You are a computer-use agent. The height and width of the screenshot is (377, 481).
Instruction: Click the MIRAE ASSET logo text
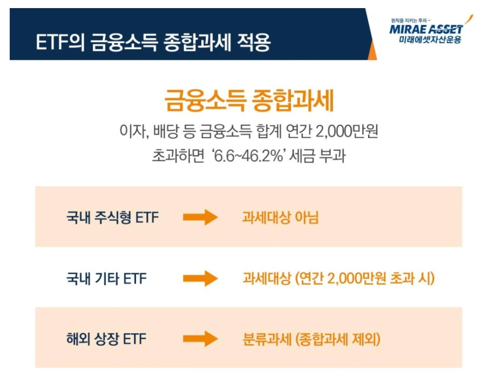coord(426,29)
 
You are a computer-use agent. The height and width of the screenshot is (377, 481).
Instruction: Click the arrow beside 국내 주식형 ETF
coord(200,218)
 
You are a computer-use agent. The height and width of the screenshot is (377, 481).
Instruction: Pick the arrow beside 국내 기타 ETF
coord(200,279)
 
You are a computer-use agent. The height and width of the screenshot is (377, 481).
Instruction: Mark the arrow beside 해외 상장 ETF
coord(200,340)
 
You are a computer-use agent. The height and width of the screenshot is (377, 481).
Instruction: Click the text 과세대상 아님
coord(280,218)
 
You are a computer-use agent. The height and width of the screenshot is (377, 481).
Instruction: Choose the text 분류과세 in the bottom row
coord(265,340)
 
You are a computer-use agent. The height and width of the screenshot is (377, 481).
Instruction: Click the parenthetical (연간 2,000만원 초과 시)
coord(364,279)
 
